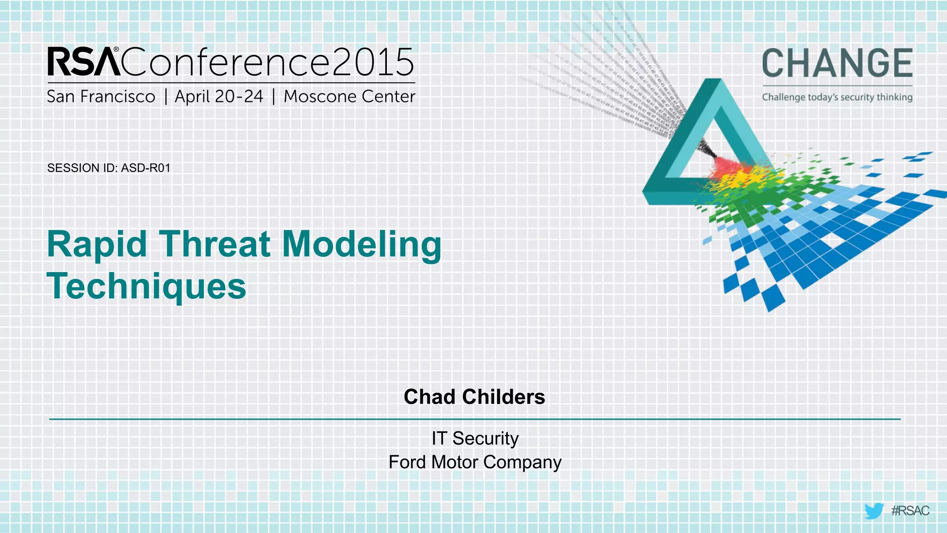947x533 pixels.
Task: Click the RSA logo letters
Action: [x=83, y=62]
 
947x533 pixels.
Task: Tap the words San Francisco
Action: [x=101, y=97]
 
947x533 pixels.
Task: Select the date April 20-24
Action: [x=219, y=97]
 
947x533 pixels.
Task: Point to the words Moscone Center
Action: [x=350, y=97]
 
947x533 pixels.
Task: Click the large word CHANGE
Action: [x=837, y=63]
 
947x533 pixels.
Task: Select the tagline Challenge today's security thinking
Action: [x=837, y=97]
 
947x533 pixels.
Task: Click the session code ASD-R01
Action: [x=146, y=168]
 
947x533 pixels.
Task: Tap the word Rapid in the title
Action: [x=97, y=245]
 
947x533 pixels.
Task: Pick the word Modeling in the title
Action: [x=362, y=245]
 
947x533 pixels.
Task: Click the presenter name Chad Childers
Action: [x=474, y=397]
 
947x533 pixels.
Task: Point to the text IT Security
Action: [x=475, y=438]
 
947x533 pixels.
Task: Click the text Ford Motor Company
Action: [x=475, y=462]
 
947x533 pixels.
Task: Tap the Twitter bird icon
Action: [x=873, y=511]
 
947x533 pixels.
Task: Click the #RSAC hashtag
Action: [x=910, y=511]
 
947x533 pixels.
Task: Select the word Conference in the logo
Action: [x=227, y=62]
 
